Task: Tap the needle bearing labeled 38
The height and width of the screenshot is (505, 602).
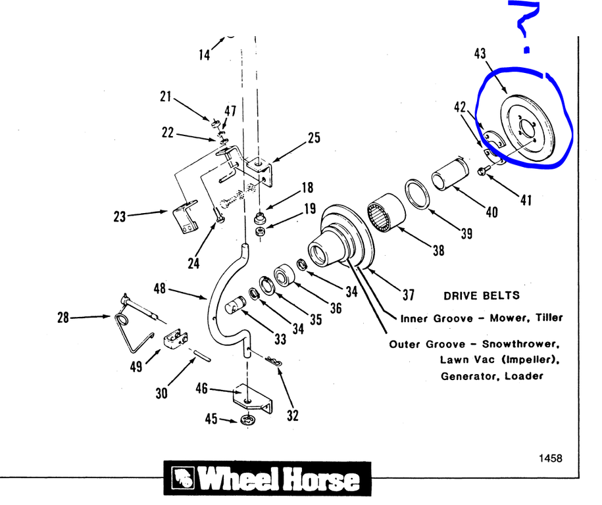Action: [385, 211]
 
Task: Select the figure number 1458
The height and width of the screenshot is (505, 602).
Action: [550, 458]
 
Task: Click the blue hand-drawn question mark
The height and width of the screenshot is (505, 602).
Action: [526, 26]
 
